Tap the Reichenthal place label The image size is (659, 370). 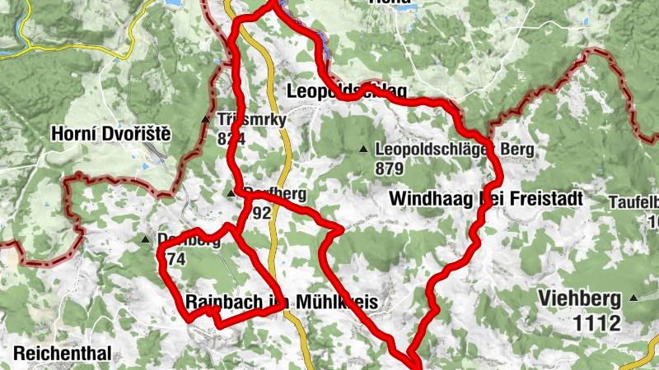(x=62, y=354)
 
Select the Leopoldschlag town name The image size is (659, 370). (x=348, y=89)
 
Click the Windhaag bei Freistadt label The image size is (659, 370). (x=485, y=198)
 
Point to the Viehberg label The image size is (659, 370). (x=579, y=298)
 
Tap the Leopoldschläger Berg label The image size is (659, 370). (x=454, y=150)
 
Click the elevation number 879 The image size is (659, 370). (x=389, y=169)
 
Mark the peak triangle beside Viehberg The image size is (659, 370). (x=633, y=298)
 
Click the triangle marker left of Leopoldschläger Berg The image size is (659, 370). (x=363, y=150)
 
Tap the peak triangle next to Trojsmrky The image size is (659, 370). (x=206, y=120)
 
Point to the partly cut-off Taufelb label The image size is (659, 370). (x=633, y=201)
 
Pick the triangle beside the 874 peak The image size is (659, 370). (x=146, y=240)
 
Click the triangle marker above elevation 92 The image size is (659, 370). (x=230, y=194)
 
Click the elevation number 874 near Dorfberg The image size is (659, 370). (x=175, y=259)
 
